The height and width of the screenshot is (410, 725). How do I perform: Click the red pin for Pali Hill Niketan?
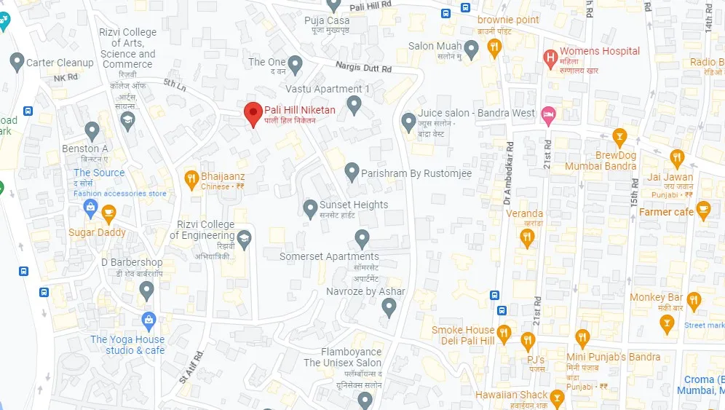pyautogui.click(x=253, y=114)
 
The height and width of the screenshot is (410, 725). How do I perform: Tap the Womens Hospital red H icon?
pyautogui.click(x=551, y=56)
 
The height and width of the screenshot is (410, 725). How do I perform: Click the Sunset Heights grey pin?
pyautogui.click(x=310, y=208)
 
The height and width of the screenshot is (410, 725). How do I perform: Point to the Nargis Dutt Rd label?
pyautogui.click(x=364, y=68)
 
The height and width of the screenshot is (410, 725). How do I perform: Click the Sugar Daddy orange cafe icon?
pyautogui.click(x=108, y=213)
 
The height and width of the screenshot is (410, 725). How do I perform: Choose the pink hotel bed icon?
pyautogui.click(x=549, y=114)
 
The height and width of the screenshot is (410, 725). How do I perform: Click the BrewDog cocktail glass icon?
pyautogui.click(x=619, y=136)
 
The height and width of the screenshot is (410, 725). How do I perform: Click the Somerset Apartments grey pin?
pyautogui.click(x=362, y=238)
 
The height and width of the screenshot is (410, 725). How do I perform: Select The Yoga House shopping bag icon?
pyautogui.click(x=149, y=319)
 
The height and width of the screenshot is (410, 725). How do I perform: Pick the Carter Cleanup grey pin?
pyautogui.click(x=16, y=62)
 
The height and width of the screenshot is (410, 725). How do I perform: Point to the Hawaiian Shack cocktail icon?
pyautogui.click(x=558, y=398)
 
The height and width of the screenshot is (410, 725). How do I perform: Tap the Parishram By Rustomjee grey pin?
pyautogui.click(x=352, y=172)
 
